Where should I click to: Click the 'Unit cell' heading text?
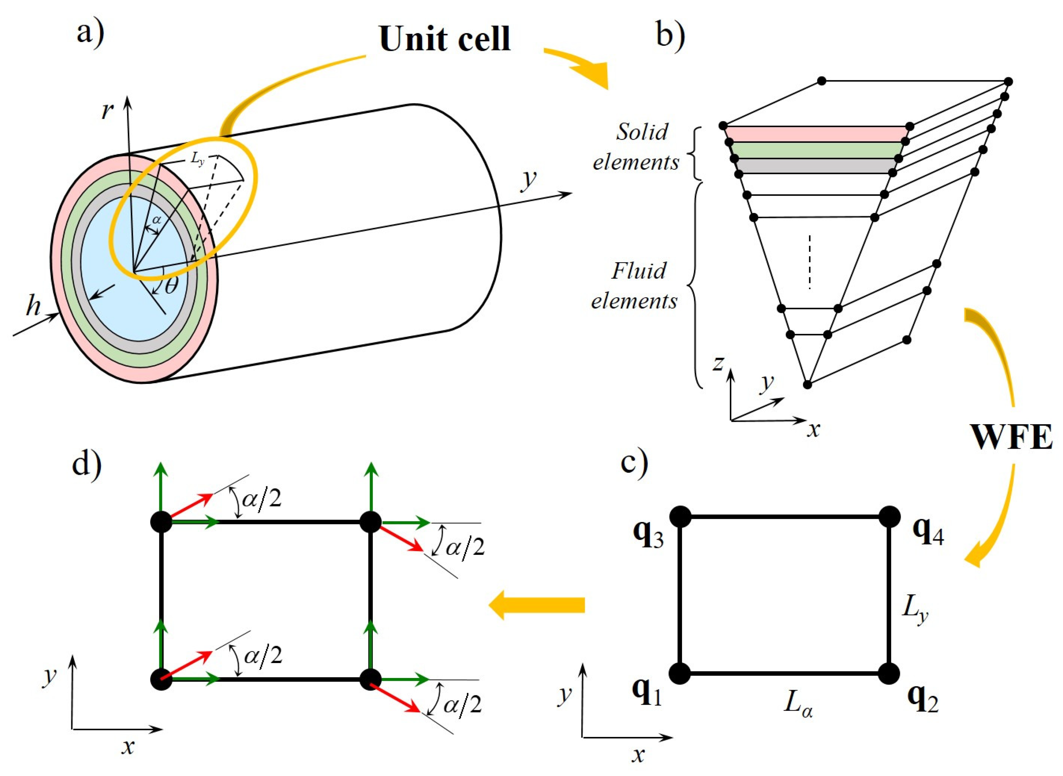pos(444,39)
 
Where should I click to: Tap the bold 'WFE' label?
pos(1011,438)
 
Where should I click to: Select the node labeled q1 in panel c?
pos(680,673)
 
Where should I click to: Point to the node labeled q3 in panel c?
pos(680,516)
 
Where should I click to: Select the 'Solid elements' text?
pos(637,147)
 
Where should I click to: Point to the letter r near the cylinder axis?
pos(108,111)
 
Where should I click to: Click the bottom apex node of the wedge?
pos(807,385)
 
